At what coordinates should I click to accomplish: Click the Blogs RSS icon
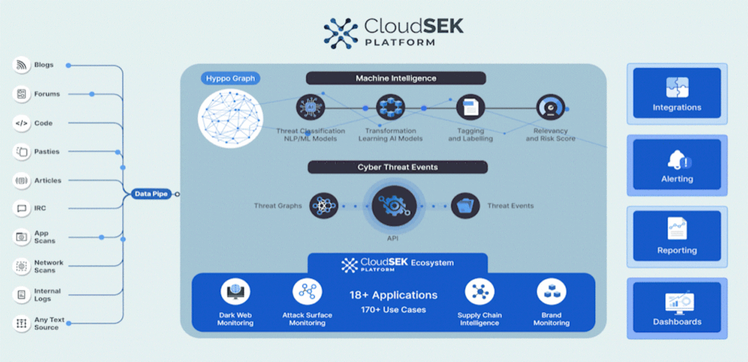click(21, 65)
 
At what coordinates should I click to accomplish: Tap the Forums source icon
click(21, 94)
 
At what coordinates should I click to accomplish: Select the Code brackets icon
click(21, 123)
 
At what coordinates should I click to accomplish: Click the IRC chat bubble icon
click(21, 209)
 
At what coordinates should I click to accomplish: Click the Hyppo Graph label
click(230, 78)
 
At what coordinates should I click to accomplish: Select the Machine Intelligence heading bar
click(395, 78)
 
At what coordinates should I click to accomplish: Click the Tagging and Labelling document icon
click(470, 108)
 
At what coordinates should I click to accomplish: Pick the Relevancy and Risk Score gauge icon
click(550, 108)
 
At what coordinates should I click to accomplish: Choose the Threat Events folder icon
click(465, 206)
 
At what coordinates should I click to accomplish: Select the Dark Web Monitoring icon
click(235, 292)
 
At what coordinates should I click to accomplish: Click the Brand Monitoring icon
click(551, 292)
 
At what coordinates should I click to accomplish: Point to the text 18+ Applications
click(394, 296)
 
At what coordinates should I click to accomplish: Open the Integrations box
click(676, 94)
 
